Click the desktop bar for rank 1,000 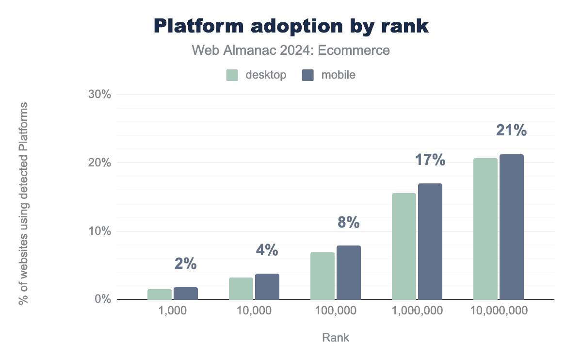click(x=160, y=294)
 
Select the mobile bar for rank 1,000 click(x=186, y=293)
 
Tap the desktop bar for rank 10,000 click(x=241, y=288)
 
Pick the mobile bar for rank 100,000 click(x=349, y=272)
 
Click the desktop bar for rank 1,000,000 click(x=404, y=246)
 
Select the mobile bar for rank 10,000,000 click(x=512, y=227)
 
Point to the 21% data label click(x=511, y=131)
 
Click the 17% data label click(x=430, y=160)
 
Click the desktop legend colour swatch click(x=232, y=75)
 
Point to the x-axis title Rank click(x=335, y=338)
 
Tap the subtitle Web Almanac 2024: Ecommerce click(x=291, y=50)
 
